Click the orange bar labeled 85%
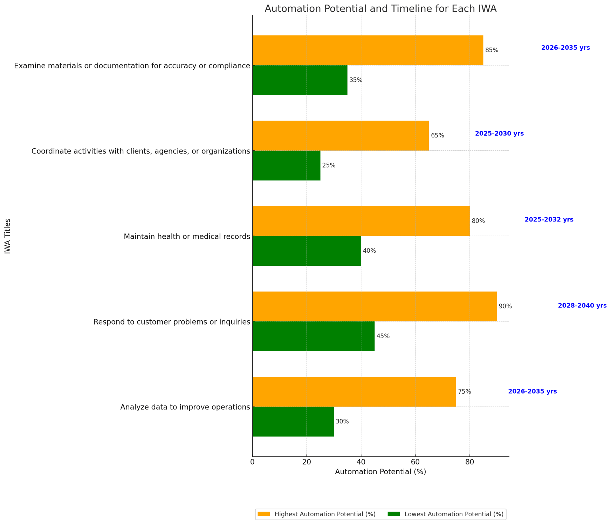(368, 50)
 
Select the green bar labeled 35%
(300, 80)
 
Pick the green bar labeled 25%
(286, 165)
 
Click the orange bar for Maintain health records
(361, 221)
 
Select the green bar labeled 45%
(314, 336)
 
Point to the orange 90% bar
(375, 306)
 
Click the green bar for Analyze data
(293, 421)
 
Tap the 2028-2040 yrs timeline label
(582, 306)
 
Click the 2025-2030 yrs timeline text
(499, 134)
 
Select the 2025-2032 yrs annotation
(549, 220)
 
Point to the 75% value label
(464, 392)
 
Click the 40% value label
(369, 251)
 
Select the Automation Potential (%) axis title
(380, 472)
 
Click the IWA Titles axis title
(8, 236)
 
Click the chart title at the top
(380, 9)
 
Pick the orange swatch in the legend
(264, 514)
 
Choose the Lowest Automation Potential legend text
(454, 514)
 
